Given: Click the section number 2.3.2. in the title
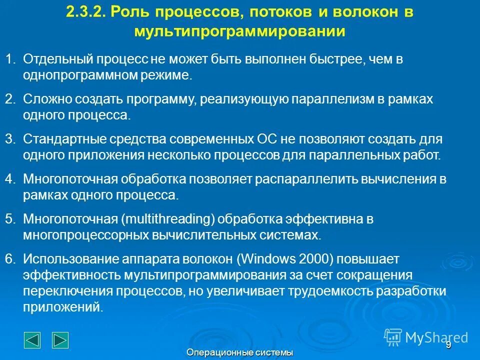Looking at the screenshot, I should point(85,12).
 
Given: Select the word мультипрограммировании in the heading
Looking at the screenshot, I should point(239,31).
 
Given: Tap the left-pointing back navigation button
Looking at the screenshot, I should point(32,339).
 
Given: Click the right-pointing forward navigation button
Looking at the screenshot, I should point(60,339).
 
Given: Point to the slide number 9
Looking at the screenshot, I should point(448,344).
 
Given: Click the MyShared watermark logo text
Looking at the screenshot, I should point(436,337).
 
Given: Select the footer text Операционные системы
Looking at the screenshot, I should point(239,353).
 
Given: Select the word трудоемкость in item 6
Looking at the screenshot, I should point(334,291).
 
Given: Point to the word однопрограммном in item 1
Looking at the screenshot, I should point(74,75).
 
